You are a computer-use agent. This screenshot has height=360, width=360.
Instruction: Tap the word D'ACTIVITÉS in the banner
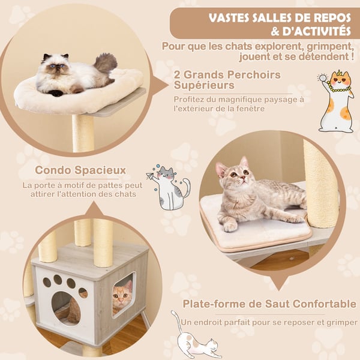tap(317, 31)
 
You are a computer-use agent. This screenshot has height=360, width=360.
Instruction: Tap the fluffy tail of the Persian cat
tap(106, 62)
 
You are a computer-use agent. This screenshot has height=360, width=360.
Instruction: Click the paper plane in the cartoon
tap(151, 176)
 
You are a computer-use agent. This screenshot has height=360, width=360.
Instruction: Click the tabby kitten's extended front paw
tap(230, 227)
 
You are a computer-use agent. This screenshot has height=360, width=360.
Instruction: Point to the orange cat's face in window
tap(122, 296)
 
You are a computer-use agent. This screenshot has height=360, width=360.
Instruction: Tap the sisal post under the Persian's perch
tap(83, 133)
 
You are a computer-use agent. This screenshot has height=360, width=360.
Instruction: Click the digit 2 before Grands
tap(177, 75)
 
